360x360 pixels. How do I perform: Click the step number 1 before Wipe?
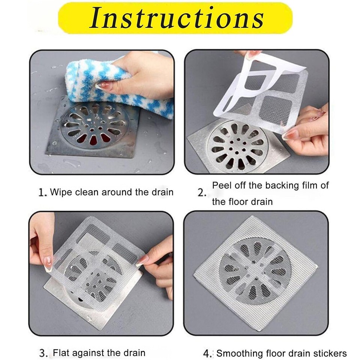[x=42, y=193]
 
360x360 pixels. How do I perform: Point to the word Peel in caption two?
[x=221, y=185]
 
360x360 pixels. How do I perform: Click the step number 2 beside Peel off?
[x=202, y=193]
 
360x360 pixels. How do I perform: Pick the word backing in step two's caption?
[x=279, y=185]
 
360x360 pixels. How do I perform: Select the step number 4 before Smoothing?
[x=206, y=353]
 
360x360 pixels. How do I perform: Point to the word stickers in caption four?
[x=330, y=353]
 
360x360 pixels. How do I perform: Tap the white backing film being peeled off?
[x=259, y=82]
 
